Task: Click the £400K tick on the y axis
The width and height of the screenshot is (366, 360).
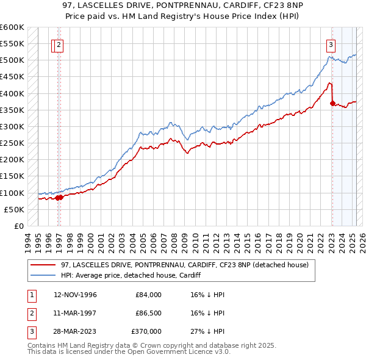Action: coord(12,93)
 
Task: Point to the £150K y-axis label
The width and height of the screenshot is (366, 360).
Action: coord(12,176)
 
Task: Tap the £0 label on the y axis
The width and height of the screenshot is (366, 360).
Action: coord(18,226)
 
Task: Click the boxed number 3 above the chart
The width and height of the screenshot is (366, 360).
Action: coord(331,43)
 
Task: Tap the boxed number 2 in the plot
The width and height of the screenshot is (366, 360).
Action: coord(59,43)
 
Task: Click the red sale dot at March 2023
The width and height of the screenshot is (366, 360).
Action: coord(332,104)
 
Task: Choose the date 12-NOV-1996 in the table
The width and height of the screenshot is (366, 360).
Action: coord(75,295)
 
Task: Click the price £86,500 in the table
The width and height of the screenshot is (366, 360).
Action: coord(149,313)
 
